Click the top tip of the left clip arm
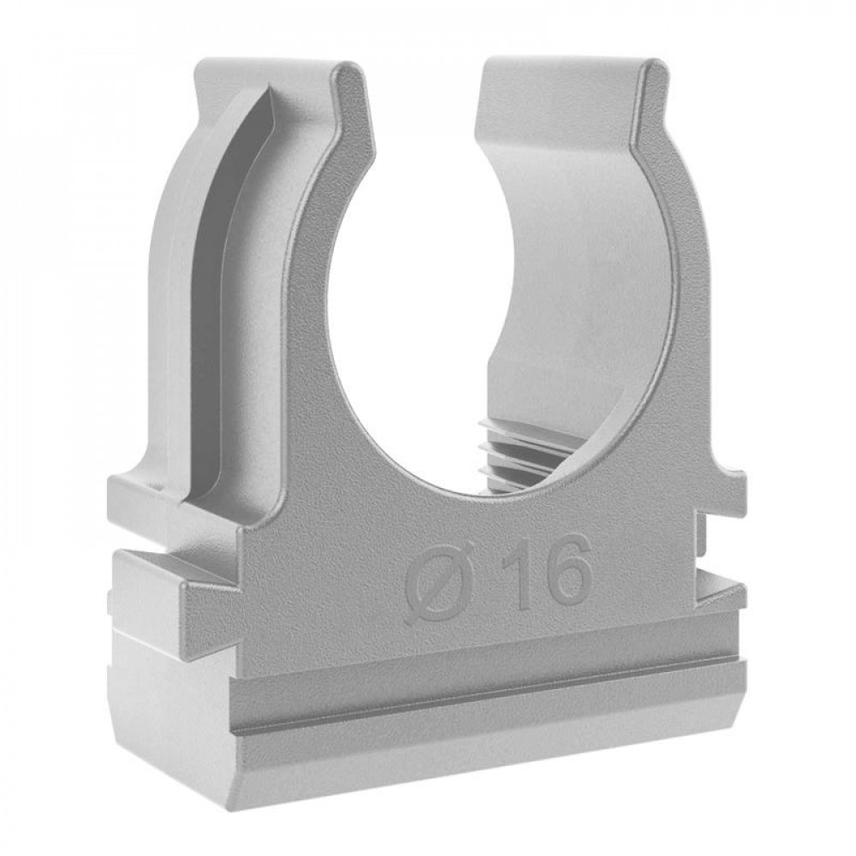(349, 63)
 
